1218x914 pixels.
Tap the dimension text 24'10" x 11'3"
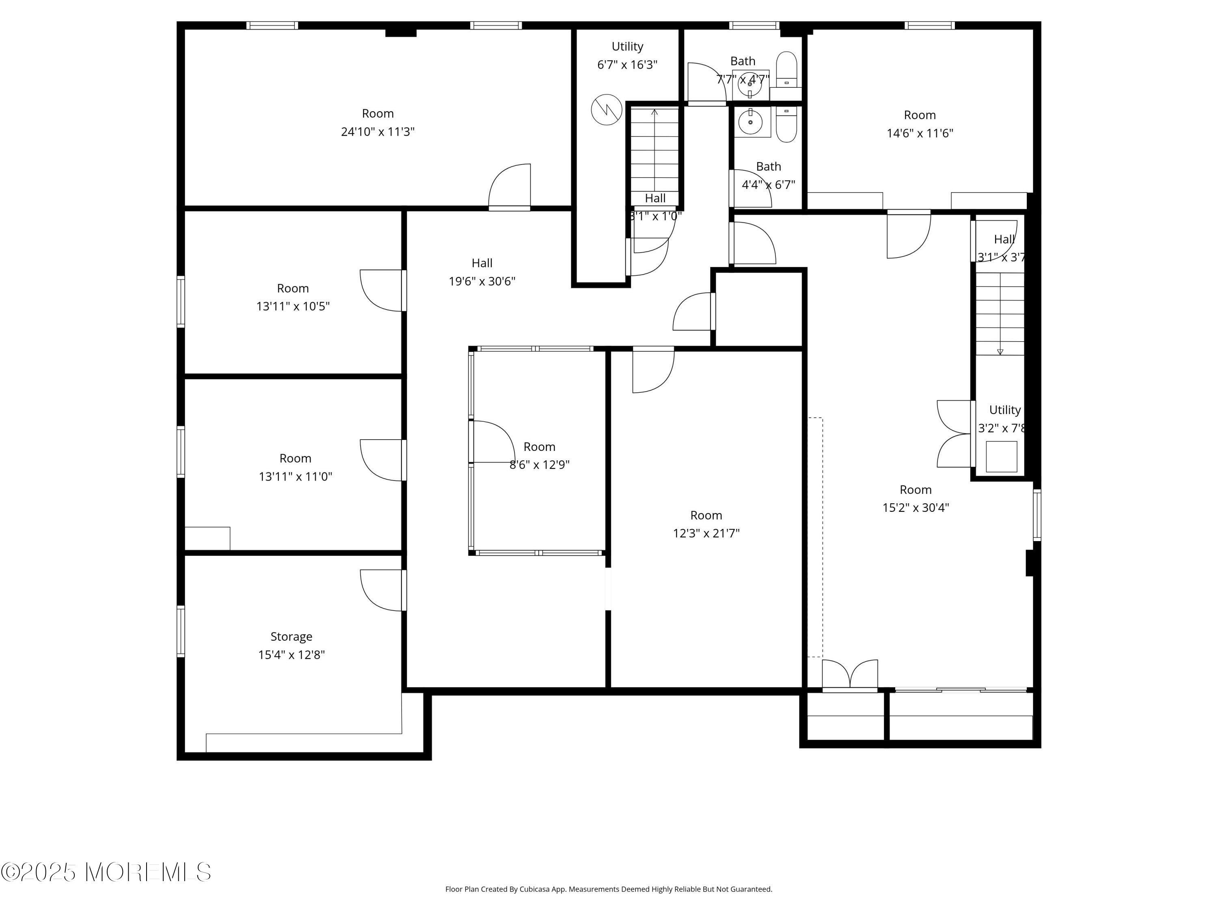pos(378,132)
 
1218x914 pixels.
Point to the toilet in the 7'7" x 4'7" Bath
pos(787,69)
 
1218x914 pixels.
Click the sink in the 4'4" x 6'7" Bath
pos(750,122)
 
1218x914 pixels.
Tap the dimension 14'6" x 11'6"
pos(920,133)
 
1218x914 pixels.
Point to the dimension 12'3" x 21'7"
pos(706,533)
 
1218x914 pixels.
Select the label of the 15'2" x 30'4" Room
pos(915,490)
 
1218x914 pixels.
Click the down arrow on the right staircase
pos(1000,351)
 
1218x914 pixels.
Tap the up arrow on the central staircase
pos(654,113)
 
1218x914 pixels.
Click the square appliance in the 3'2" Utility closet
pos(1001,456)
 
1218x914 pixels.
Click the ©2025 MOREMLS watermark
pos(106,872)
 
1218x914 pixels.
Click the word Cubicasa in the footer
pos(534,889)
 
